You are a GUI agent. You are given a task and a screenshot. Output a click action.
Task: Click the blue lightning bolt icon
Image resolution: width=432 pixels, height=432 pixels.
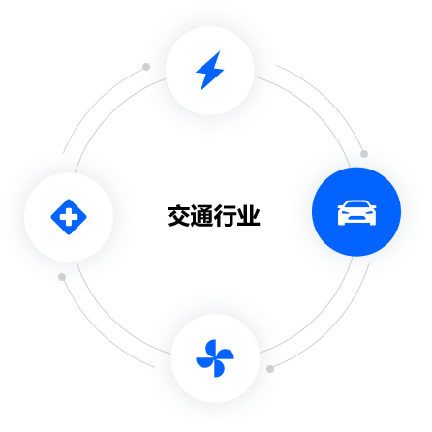[210, 71]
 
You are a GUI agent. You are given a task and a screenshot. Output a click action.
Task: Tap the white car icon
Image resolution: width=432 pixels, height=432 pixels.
[356, 213]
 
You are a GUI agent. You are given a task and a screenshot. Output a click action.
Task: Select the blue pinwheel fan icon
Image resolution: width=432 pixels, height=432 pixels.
[215, 358]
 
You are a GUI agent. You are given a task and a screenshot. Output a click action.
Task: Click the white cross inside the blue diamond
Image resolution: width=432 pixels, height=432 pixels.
[69, 217]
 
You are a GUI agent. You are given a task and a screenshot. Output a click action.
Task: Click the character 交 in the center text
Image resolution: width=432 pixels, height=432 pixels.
[178, 216]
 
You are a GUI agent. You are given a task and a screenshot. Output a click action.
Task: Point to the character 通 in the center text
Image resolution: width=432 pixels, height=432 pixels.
[201, 216]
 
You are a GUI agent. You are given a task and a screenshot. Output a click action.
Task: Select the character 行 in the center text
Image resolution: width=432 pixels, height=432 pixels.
[225, 216]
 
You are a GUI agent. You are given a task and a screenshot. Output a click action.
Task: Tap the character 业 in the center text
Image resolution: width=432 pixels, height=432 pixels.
[248, 216]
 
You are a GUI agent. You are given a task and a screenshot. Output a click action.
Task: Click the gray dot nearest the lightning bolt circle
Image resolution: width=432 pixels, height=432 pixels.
[146, 67]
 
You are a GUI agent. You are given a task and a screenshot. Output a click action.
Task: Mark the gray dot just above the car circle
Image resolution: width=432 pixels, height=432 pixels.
[364, 154]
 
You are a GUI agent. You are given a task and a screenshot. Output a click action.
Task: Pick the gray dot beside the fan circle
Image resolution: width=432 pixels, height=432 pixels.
[270, 369]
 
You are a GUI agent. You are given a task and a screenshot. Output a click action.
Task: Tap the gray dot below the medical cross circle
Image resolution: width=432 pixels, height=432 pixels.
[62, 277]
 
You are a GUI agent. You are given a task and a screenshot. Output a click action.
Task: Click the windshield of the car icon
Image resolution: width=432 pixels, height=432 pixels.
[356, 205]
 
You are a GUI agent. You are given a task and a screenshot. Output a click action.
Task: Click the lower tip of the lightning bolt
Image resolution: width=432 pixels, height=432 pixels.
[201, 90]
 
